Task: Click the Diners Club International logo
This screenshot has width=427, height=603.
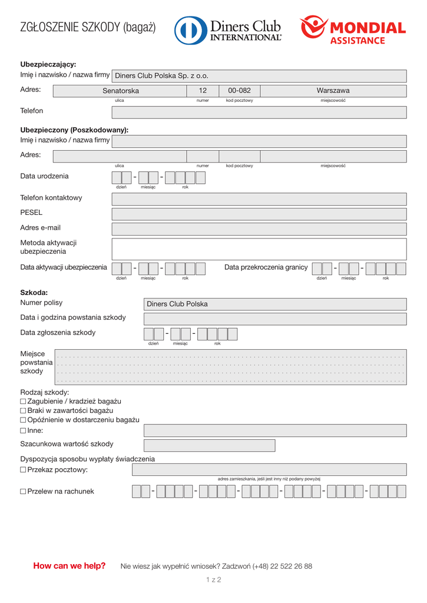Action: [228, 29]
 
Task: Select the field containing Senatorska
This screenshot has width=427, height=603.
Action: [120, 91]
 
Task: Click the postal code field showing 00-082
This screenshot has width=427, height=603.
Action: [239, 91]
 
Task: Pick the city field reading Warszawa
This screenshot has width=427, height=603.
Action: [333, 91]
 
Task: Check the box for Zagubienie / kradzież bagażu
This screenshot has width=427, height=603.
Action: [23, 402]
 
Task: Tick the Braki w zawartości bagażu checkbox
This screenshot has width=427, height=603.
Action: [23, 410]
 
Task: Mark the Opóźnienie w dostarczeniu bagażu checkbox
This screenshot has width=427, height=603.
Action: [23, 420]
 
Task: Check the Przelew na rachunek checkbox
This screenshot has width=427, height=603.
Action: [23, 492]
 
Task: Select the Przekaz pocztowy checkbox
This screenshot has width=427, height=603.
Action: [23, 470]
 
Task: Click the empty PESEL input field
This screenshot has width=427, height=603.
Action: [259, 214]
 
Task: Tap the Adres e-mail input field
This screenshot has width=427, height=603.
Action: [259, 228]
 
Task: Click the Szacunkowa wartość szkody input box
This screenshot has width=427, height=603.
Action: [209, 445]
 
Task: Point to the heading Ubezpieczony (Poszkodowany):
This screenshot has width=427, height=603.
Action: [74, 130]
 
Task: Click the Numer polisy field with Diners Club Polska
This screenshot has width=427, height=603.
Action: [275, 304]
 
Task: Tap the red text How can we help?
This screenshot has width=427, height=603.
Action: [69, 566]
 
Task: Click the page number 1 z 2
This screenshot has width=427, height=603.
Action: [213, 580]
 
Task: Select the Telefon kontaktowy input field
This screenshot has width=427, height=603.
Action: [259, 199]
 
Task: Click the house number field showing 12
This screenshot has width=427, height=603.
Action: [203, 91]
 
